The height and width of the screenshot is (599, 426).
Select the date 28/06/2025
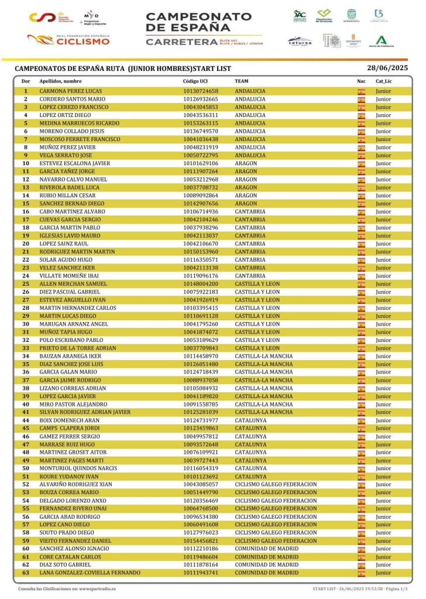(x=387, y=68)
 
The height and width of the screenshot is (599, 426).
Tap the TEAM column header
(x=241, y=81)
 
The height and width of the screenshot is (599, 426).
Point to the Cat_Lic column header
(x=383, y=81)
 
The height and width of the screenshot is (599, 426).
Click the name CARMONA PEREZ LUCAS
(x=70, y=91)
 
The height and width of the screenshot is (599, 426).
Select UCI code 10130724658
(x=200, y=91)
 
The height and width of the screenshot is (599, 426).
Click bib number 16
(x=26, y=212)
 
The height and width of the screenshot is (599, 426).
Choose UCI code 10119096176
(x=200, y=276)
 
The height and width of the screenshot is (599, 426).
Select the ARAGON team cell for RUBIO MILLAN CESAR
(x=245, y=196)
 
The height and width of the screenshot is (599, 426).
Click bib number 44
(x=26, y=420)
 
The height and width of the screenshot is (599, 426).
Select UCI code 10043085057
(x=200, y=485)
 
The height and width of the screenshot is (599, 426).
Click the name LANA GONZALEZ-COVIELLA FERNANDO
(x=90, y=573)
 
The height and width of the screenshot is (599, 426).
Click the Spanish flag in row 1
(x=361, y=91)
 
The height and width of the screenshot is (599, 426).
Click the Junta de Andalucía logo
(x=381, y=41)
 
